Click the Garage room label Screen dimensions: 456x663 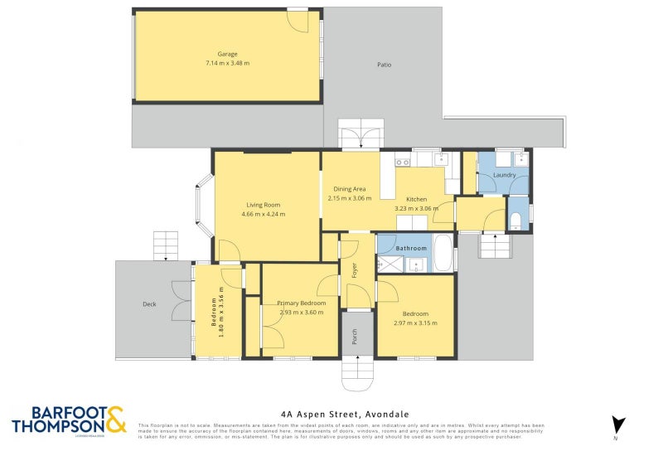[227, 54]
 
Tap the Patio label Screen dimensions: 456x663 [384, 65]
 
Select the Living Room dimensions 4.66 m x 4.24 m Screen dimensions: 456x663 [263, 214]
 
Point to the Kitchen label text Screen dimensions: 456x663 [416, 199]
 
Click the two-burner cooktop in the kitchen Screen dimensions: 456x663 [403, 162]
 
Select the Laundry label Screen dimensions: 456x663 [504, 175]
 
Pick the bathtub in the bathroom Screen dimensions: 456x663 [443, 254]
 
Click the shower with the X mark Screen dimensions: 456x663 [390, 264]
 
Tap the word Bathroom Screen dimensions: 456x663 [410, 248]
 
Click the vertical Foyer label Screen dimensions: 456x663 [354, 269]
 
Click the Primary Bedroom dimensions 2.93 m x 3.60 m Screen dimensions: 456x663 [301, 313]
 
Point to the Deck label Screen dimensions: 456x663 [149, 304]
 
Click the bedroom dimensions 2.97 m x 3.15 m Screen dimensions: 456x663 [415, 323]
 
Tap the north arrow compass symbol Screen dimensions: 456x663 [615, 424]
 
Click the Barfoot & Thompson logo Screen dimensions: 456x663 [69, 420]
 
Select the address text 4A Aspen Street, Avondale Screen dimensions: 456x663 [341, 414]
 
